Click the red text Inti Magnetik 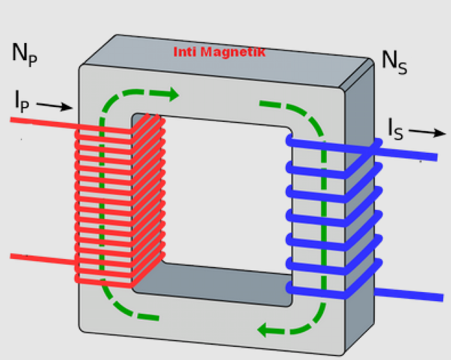coord(219,52)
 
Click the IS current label coord(395,129)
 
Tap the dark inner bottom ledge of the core coord(227,283)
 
